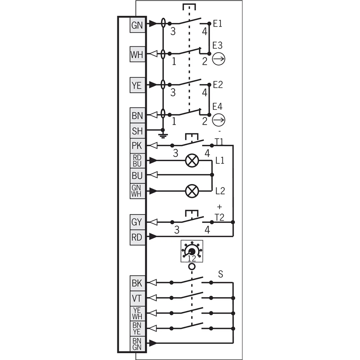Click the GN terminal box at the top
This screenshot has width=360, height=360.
click(x=138, y=25)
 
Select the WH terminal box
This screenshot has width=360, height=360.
click(x=138, y=54)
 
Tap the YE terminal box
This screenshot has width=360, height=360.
click(x=138, y=85)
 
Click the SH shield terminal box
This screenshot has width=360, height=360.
click(x=138, y=130)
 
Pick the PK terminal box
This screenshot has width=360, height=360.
click(x=138, y=145)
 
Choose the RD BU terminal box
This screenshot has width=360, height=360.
click(x=138, y=161)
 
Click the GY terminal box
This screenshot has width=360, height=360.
click(x=138, y=222)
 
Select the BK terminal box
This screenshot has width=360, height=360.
click(x=138, y=283)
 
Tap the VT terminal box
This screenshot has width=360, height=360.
click(x=138, y=298)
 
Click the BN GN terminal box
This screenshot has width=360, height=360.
click(x=138, y=344)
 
